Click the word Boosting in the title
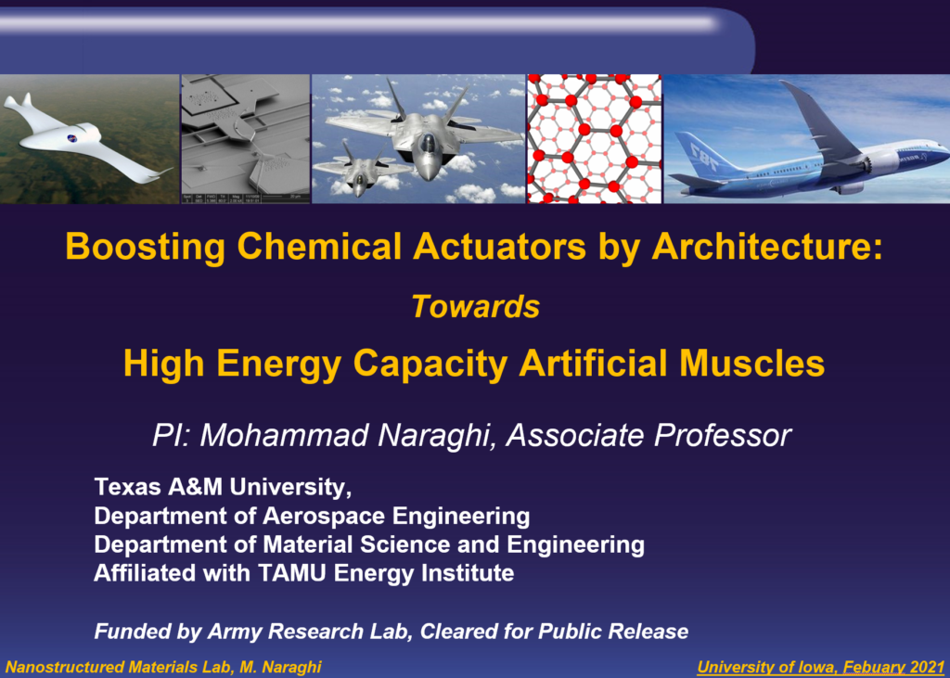click(146, 248)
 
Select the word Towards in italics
click(476, 306)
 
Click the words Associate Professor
click(648, 436)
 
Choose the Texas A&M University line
click(223, 487)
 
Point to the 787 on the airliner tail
click(704, 157)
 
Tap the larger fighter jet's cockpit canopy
click(428, 143)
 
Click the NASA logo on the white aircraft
click(72, 137)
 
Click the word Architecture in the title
click(767, 248)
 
